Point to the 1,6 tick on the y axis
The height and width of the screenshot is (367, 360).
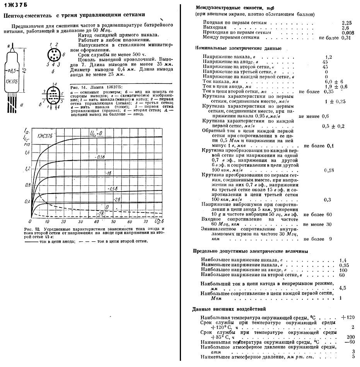point(27,153)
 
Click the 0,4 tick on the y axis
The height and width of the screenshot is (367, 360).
point(27,202)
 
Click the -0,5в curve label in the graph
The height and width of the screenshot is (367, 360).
point(100,157)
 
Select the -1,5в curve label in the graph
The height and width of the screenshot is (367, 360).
point(113,188)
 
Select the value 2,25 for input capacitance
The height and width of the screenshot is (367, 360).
point(346,23)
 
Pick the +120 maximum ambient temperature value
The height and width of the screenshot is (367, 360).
point(348,318)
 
